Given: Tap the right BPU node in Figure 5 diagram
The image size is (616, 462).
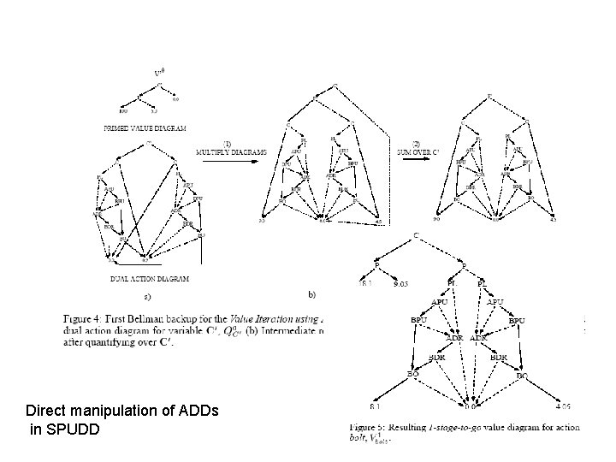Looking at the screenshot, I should point(517,321).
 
